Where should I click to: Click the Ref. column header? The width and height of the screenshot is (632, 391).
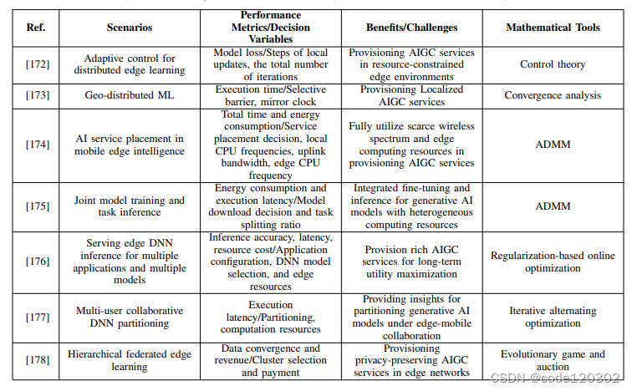pyautogui.click(x=36, y=28)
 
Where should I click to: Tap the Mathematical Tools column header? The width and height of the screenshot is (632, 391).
pyautogui.click(x=553, y=28)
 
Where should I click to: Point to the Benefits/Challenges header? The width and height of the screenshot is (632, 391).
pyautogui.click(x=410, y=28)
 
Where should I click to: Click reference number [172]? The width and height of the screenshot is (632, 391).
pyautogui.click(x=36, y=63)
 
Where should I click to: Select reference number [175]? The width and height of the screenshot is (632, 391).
pyautogui.click(x=36, y=206)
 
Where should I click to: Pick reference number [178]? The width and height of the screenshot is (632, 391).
pyautogui.click(x=36, y=360)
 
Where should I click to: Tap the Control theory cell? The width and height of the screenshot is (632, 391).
pyautogui.click(x=553, y=63)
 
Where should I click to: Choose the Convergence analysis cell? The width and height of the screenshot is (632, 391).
pyautogui.click(x=553, y=95)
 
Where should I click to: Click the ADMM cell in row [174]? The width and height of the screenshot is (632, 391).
pyautogui.click(x=553, y=144)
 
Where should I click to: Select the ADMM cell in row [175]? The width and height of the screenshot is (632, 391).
pyautogui.click(x=553, y=206)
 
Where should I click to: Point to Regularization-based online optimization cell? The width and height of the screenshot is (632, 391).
pyautogui.click(x=553, y=262)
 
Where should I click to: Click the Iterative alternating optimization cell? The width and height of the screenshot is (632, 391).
pyautogui.click(x=553, y=317)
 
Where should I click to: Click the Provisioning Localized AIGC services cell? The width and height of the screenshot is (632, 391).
pyautogui.click(x=410, y=95)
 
